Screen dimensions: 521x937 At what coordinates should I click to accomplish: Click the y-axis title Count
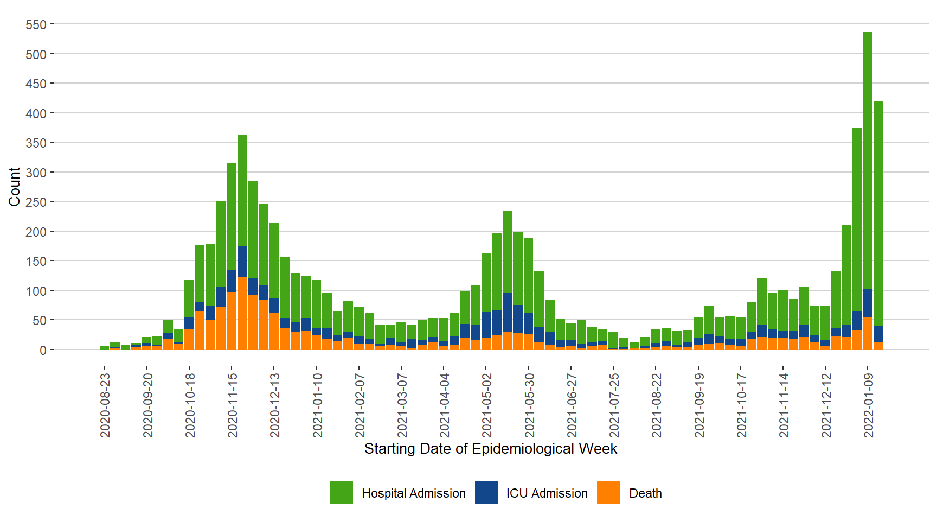[14, 187]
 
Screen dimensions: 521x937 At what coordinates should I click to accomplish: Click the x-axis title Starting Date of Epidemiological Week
[490, 449]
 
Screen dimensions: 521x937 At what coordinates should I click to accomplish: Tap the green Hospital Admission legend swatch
[341, 492]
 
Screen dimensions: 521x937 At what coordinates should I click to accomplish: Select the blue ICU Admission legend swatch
[486, 492]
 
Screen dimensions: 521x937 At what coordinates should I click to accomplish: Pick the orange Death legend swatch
[608, 492]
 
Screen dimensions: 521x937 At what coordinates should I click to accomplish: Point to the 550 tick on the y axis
[36, 25]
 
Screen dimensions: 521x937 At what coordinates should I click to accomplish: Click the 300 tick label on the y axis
[36, 173]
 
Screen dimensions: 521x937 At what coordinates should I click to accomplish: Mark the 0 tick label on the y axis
[43, 350]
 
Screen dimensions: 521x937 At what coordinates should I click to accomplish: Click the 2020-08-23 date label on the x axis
[105, 405]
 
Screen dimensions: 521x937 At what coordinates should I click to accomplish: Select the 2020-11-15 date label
[233, 405]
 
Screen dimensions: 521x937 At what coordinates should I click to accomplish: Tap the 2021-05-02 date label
[487, 405]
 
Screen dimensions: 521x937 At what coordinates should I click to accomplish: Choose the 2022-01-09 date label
[869, 405]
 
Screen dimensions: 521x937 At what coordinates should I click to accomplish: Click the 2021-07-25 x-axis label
[614, 405]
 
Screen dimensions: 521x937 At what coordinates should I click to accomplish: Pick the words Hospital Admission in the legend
[413, 493]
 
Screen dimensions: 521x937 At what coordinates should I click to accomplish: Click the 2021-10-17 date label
[741, 405]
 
